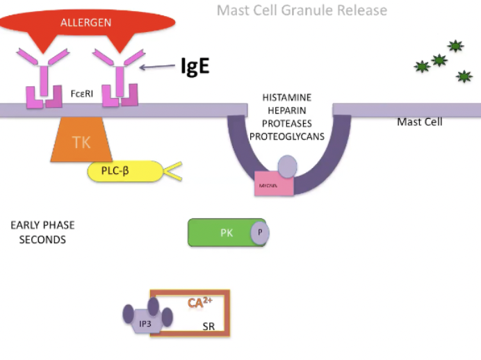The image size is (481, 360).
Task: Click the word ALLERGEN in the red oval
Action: (x=85, y=22)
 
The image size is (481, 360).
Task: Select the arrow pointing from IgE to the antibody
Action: (x=158, y=67)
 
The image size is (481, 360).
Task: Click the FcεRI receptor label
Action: (x=82, y=92)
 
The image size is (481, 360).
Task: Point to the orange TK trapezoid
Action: (x=81, y=142)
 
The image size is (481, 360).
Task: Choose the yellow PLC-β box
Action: (x=124, y=171)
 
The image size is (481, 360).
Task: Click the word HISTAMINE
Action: (x=286, y=97)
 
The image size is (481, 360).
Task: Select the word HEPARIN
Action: (x=286, y=111)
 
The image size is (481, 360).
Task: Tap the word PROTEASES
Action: (x=286, y=123)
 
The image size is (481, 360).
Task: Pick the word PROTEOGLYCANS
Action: (x=287, y=136)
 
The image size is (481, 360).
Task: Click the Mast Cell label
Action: (x=419, y=122)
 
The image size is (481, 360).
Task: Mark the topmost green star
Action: (x=455, y=47)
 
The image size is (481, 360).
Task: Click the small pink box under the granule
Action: (x=273, y=185)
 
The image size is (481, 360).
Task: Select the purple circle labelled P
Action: (x=260, y=233)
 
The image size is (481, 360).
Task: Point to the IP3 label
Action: (x=145, y=322)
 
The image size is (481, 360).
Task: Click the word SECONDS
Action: (x=42, y=240)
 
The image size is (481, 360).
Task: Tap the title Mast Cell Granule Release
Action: (x=302, y=10)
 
